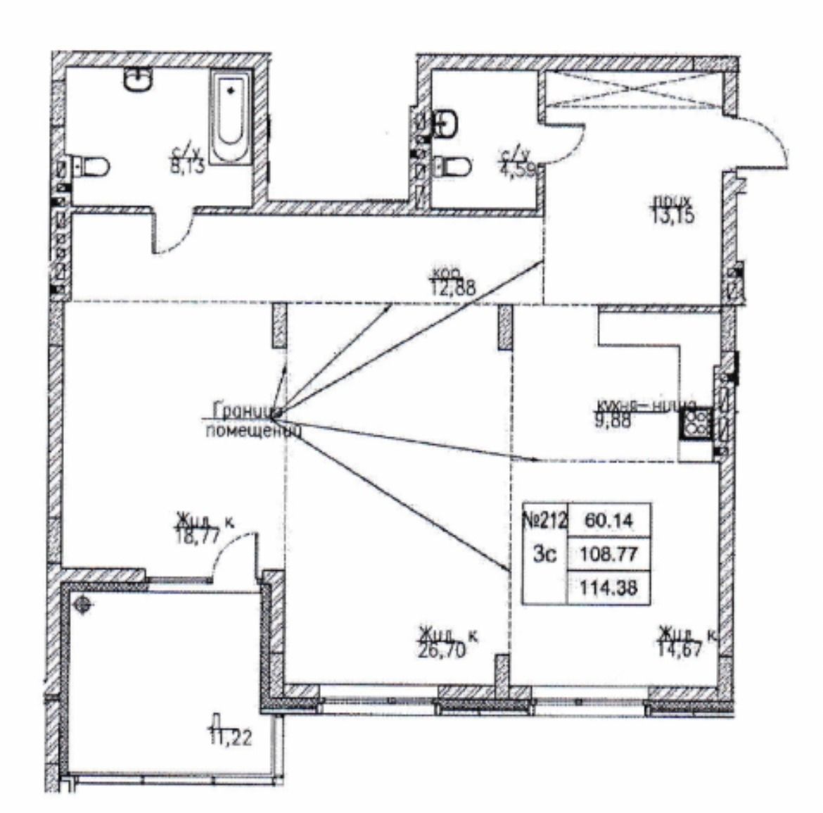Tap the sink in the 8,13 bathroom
click(x=138, y=80)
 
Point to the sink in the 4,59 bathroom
click(x=447, y=125)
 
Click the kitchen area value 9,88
click(x=612, y=422)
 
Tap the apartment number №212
click(x=544, y=522)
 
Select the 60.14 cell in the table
click(x=609, y=522)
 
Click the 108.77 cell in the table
click(x=609, y=555)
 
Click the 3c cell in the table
click(x=544, y=555)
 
